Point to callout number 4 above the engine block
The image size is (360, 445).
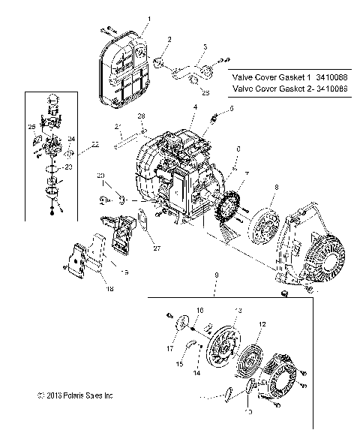[194, 108]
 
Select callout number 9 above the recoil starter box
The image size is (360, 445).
[216, 276]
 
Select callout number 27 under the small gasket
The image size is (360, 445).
[156, 248]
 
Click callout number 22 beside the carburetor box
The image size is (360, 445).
[95, 143]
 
